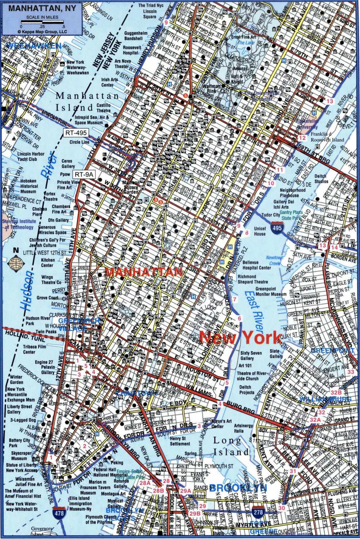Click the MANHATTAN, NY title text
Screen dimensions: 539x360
(42, 8)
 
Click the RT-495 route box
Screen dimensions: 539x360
(76, 133)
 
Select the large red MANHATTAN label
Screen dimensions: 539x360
(144, 272)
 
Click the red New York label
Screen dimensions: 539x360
(240, 338)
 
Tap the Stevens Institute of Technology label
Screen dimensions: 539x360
(18, 224)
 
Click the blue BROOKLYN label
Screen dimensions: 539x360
(238, 488)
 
